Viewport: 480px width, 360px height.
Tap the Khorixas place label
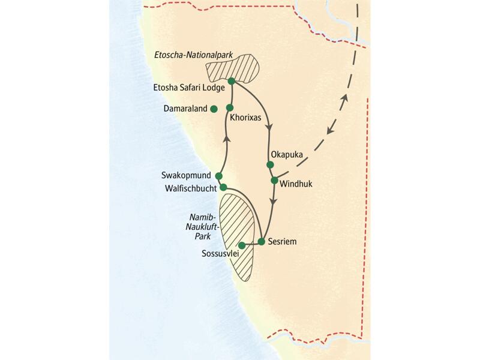point(245,118)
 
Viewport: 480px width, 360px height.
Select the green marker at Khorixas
point(229,107)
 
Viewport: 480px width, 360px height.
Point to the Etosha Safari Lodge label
point(187,88)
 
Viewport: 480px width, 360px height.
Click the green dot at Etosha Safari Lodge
point(231,82)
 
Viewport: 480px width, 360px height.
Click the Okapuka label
point(287,154)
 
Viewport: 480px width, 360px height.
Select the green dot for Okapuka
point(270,164)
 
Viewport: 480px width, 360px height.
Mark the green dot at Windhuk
point(274,180)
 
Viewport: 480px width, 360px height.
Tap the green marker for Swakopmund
point(218,176)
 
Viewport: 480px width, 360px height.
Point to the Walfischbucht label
point(188,188)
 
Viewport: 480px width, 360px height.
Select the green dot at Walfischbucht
point(223,187)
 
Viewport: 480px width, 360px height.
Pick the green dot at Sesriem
point(262,242)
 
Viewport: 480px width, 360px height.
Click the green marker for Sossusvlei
point(242,245)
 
